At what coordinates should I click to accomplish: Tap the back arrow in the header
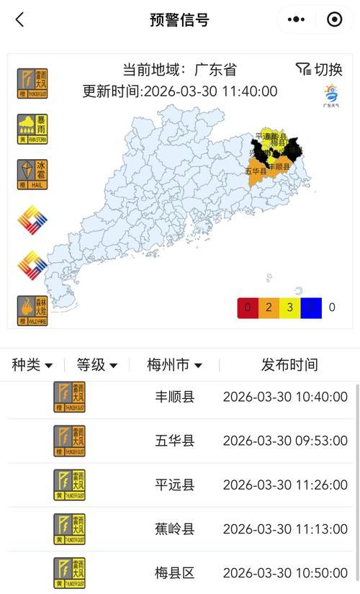[19, 20]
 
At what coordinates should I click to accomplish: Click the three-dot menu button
[297, 20]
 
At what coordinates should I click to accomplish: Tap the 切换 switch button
[319, 69]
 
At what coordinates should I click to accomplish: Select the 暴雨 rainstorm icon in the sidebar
[32, 129]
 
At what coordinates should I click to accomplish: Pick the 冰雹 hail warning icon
[32, 174]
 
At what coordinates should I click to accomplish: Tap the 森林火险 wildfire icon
[32, 310]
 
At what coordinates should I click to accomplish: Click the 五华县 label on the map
[256, 171]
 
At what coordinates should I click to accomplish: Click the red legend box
[247, 307]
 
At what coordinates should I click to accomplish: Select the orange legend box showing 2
[268, 307]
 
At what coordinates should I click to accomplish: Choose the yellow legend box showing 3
[289, 307]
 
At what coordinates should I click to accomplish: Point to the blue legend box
[310, 307]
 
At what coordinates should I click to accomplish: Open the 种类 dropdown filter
[32, 365]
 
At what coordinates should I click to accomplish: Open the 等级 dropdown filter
[97, 365]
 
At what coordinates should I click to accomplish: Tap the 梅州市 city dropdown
[174, 365]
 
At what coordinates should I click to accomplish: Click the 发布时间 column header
[289, 365]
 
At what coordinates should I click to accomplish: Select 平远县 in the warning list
[175, 485]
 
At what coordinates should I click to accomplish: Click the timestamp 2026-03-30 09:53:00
[285, 441]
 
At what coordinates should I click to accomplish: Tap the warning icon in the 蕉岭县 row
[69, 529]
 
